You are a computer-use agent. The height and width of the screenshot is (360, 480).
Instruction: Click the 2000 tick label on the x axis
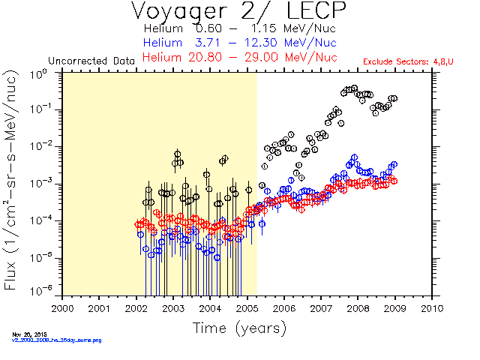point(62,308)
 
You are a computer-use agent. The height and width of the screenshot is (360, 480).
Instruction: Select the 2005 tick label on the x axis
point(247,308)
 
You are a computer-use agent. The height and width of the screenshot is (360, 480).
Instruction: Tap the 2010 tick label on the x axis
point(431,308)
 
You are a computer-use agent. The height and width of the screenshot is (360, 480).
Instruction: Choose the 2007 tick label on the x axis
point(320,308)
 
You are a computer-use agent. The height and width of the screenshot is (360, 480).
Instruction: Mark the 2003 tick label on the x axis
point(172,308)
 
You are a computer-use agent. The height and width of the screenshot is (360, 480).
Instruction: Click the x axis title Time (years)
point(239,328)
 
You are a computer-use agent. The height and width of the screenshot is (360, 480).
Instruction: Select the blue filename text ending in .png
point(55,340)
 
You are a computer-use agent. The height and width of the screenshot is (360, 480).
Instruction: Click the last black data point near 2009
point(394,98)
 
